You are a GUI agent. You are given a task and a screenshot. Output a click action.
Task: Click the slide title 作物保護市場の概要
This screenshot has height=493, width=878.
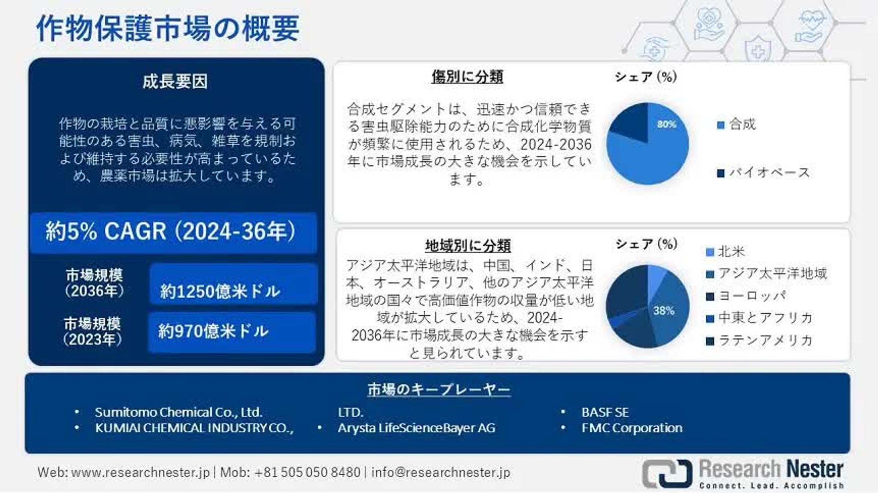(x=168, y=29)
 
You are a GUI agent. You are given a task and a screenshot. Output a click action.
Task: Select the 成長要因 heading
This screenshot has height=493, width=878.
(x=175, y=82)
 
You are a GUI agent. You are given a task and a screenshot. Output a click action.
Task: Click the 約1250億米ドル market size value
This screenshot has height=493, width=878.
(x=220, y=291)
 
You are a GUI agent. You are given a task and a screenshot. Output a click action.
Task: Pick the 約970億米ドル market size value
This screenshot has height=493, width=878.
(x=213, y=331)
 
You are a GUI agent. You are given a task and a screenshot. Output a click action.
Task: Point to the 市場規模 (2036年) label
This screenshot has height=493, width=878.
(x=94, y=283)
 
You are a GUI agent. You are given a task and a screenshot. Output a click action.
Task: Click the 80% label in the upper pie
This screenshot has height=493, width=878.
(x=666, y=124)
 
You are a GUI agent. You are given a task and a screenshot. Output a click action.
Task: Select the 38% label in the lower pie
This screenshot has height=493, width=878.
(x=663, y=310)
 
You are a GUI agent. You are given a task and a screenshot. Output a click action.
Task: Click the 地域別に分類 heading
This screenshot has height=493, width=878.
(x=468, y=245)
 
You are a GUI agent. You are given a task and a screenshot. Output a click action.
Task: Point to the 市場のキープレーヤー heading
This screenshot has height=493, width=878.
(x=439, y=389)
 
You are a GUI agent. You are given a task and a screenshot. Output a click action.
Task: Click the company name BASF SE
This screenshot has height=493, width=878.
(x=605, y=412)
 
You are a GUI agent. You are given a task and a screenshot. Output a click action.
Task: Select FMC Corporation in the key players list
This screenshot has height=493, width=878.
(x=632, y=428)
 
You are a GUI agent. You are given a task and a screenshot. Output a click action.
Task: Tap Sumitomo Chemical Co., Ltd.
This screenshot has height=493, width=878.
(x=178, y=412)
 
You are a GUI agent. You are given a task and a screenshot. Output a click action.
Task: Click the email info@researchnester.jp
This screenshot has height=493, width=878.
(x=441, y=472)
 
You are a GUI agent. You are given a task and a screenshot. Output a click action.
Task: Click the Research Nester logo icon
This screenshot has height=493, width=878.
(x=667, y=473)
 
